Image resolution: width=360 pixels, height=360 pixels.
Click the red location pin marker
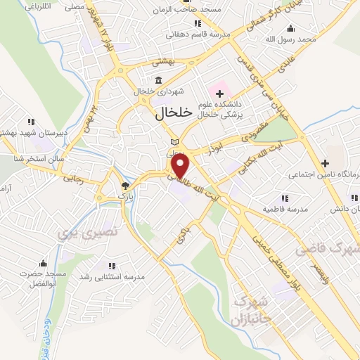point(181,167)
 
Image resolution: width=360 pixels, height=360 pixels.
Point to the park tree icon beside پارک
point(125,186)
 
